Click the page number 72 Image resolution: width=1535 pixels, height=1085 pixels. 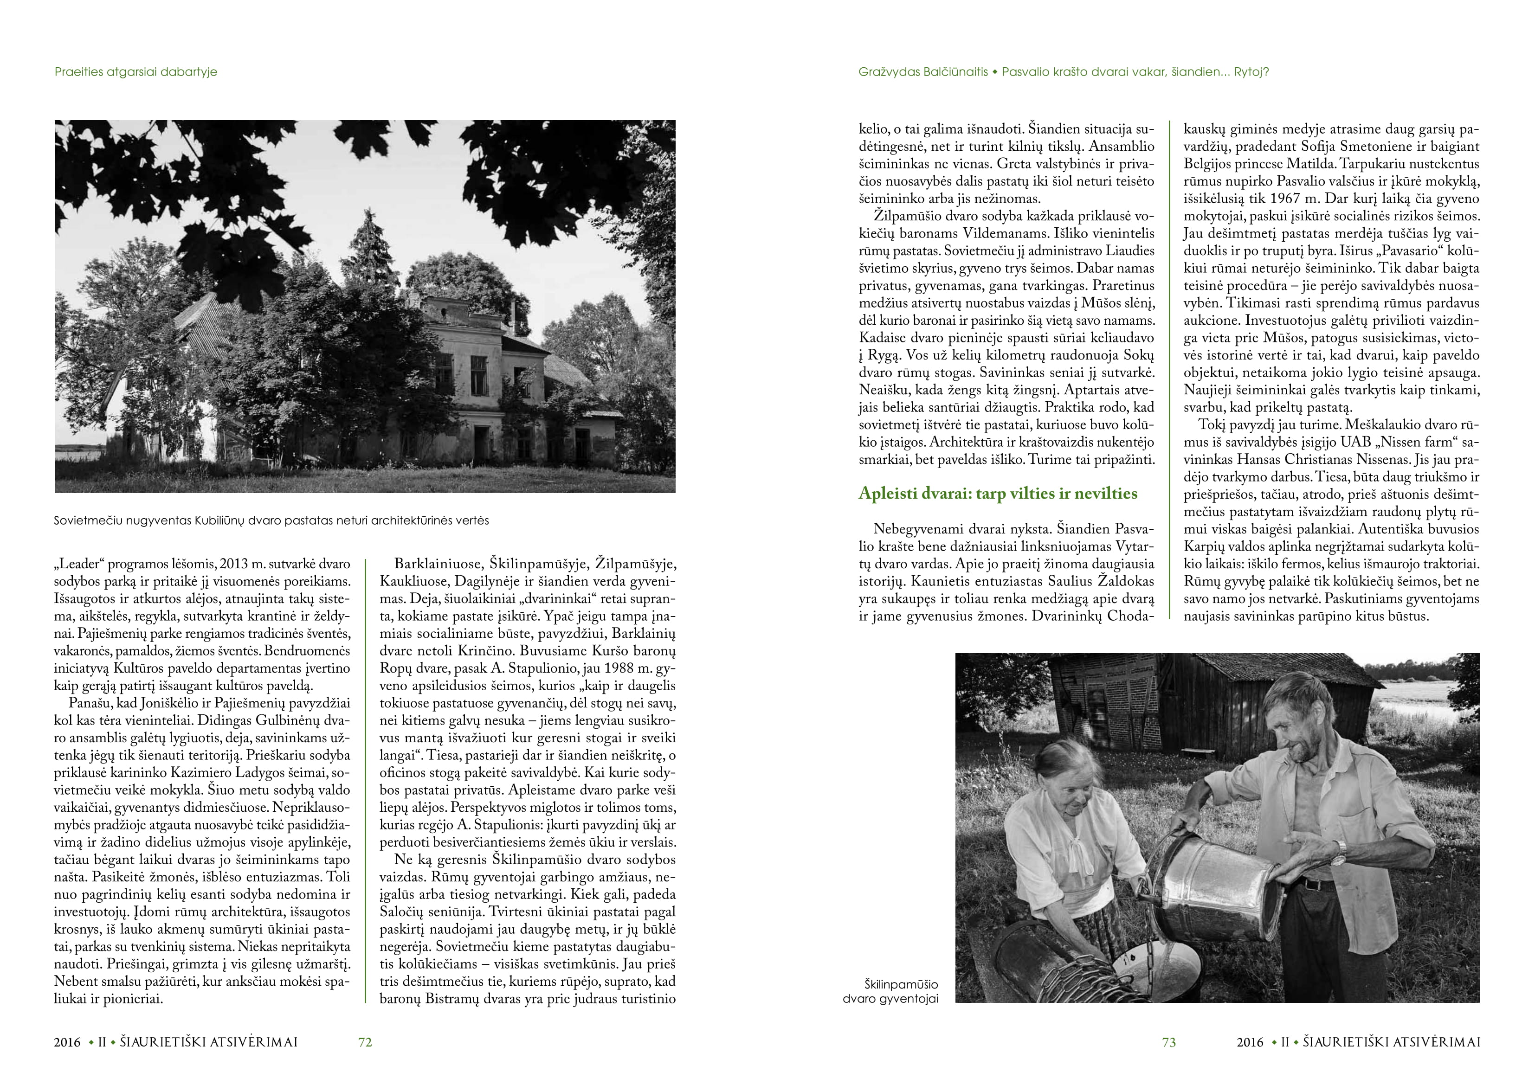click(365, 1041)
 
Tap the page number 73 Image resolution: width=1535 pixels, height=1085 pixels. click(1168, 1041)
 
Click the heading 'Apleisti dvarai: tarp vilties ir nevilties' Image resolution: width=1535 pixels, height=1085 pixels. click(998, 494)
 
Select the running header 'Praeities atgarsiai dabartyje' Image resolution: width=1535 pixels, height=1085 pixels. click(135, 71)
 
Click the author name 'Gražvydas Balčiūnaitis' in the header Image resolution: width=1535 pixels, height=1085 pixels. click(922, 71)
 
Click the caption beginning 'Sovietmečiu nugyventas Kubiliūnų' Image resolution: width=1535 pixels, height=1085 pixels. click(271, 520)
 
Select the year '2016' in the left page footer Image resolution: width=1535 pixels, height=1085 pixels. click(68, 1041)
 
